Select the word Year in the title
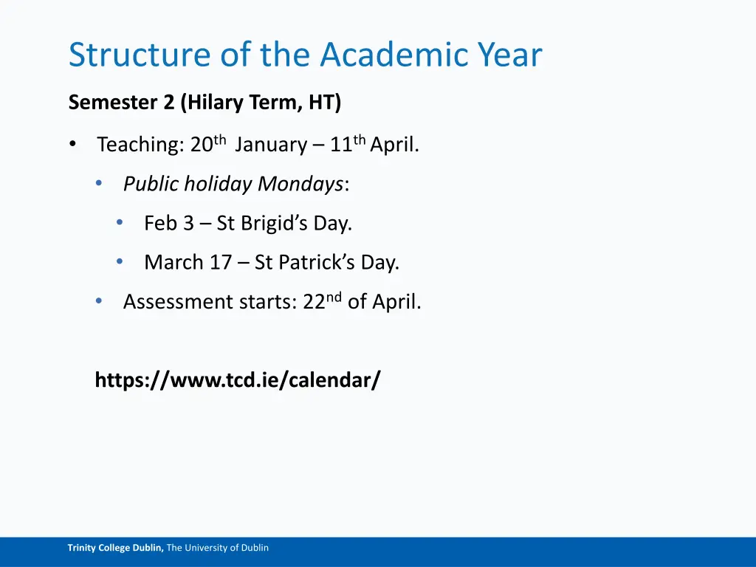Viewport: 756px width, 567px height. (509, 55)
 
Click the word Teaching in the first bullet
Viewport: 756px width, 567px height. (140, 145)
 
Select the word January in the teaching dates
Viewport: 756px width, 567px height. (270, 145)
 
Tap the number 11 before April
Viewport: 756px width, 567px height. (340, 145)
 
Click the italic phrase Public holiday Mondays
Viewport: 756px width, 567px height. (233, 184)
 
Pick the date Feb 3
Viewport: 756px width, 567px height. (168, 223)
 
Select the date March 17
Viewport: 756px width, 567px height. (188, 262)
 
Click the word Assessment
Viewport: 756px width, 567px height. (177, 302)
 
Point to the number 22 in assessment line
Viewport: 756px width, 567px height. (314, 302)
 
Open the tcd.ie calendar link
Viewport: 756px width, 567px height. (238, 380)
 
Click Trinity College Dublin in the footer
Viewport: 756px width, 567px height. (115, 548)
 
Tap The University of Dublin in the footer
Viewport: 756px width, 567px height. (218, 548)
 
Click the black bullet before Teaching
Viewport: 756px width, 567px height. (72, 145)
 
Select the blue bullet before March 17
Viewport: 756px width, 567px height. (120, 262)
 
